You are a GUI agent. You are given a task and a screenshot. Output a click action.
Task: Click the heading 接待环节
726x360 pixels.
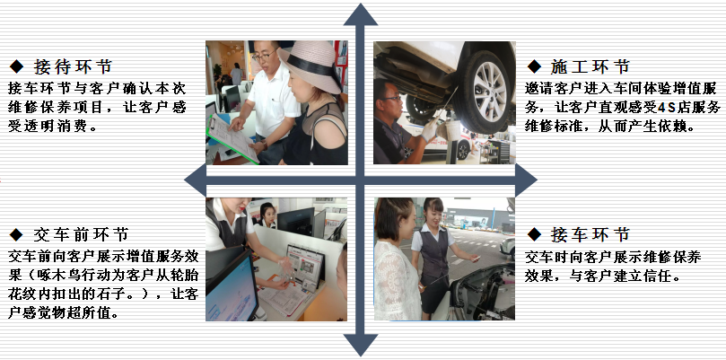(x=73, y=66)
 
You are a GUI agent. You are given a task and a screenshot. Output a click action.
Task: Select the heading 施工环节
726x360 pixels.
(x=590, y=66)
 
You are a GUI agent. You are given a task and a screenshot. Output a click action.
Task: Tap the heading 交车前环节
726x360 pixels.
(x=81, y=234)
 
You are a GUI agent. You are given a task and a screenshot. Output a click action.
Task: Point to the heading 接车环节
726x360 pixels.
(x=590, y=234)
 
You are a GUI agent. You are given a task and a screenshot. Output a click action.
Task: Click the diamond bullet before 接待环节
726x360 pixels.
(x=17, y=66)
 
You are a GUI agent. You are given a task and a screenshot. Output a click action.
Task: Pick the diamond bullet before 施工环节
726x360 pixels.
(x=534, y=66)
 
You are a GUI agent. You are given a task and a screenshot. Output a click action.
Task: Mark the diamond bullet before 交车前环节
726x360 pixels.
(x=17, y=234)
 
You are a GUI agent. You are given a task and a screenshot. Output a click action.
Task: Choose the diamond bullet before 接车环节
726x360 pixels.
(x=534, y=234)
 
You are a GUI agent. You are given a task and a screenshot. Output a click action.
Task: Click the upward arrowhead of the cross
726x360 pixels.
(x=360, y=16)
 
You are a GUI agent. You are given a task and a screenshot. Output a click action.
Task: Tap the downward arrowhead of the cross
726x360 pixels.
(x=360, y=344)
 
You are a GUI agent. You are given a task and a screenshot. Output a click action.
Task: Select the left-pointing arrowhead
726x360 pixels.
(x=195, y=180)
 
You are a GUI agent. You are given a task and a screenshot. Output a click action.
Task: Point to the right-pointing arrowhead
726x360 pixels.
(x=526, y=180)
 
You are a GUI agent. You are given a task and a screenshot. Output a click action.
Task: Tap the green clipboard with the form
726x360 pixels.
(x=232, y=138)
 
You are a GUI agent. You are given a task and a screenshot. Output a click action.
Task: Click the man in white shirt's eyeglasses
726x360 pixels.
(x=264, y=56)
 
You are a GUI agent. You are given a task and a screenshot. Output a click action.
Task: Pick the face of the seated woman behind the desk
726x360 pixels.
(x=268, y=213)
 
